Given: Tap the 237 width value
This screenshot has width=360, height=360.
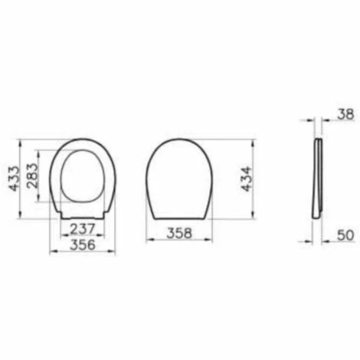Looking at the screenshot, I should [x=82, y=229].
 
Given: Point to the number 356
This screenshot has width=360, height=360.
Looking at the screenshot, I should [x=82, y=244].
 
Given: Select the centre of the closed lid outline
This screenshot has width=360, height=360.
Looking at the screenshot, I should [x=178, y=176].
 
